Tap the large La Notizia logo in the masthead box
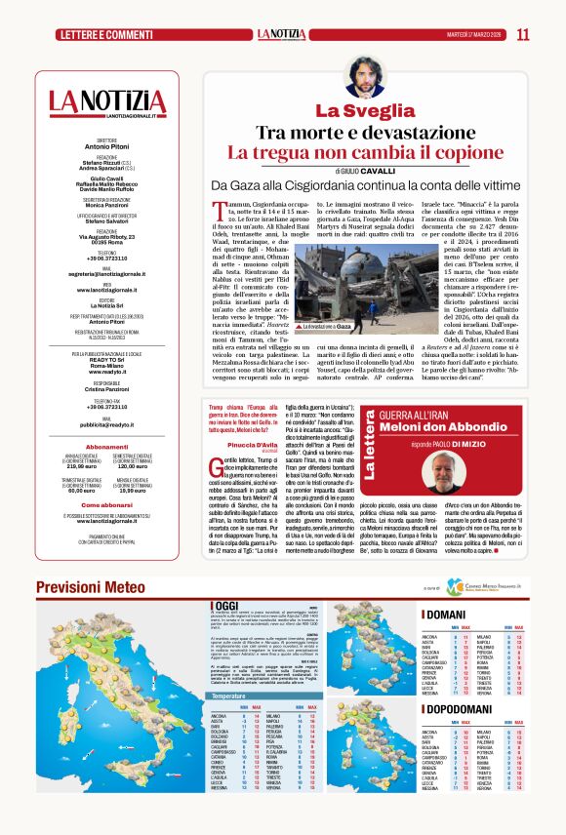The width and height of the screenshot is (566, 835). (107, 101)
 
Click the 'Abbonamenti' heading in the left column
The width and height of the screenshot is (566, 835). (107, 446)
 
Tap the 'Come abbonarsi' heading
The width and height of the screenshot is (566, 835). (107, 505)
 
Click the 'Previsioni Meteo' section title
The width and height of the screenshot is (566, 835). (93, 587)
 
